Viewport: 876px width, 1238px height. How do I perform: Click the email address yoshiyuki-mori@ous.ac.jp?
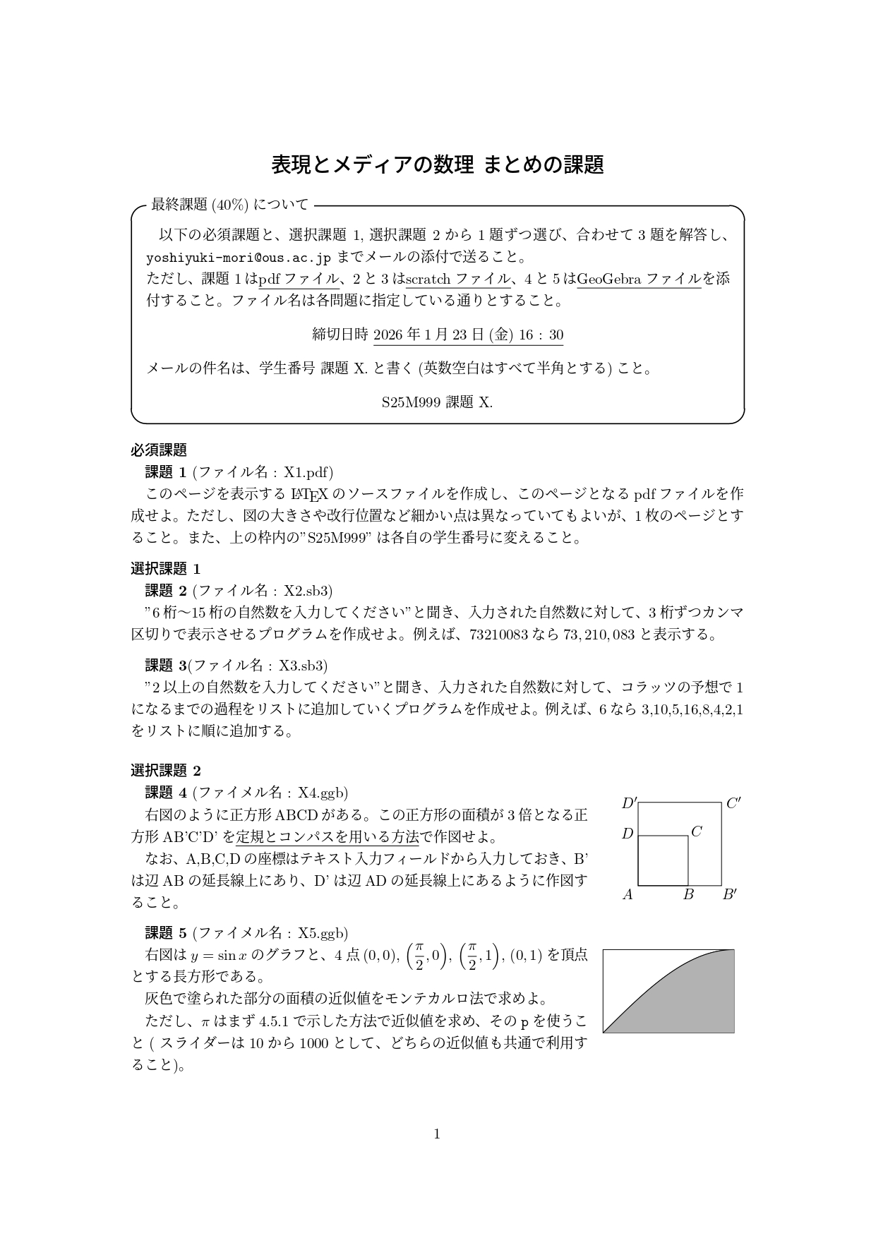[238, 256]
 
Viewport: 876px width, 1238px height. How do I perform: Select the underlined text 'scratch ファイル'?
[457, 279]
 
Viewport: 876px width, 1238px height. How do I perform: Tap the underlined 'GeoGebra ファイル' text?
[639, 279]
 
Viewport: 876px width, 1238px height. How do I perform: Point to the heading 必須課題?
[159, 450]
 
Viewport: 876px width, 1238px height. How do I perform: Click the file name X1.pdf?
[307, 472]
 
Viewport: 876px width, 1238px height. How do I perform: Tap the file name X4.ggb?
[322, 792]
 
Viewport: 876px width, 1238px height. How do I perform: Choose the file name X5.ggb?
[322, 933]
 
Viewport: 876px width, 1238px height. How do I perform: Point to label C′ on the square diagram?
[733, 803]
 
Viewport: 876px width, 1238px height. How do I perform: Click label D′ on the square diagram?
[629, 803]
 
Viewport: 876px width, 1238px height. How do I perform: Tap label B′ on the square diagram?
[730, 895]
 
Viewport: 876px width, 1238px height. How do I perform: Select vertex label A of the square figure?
[628, 895]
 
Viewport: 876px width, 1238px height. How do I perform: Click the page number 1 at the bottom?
[437, 1134]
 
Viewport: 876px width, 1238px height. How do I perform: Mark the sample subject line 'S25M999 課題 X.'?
[437, 402]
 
